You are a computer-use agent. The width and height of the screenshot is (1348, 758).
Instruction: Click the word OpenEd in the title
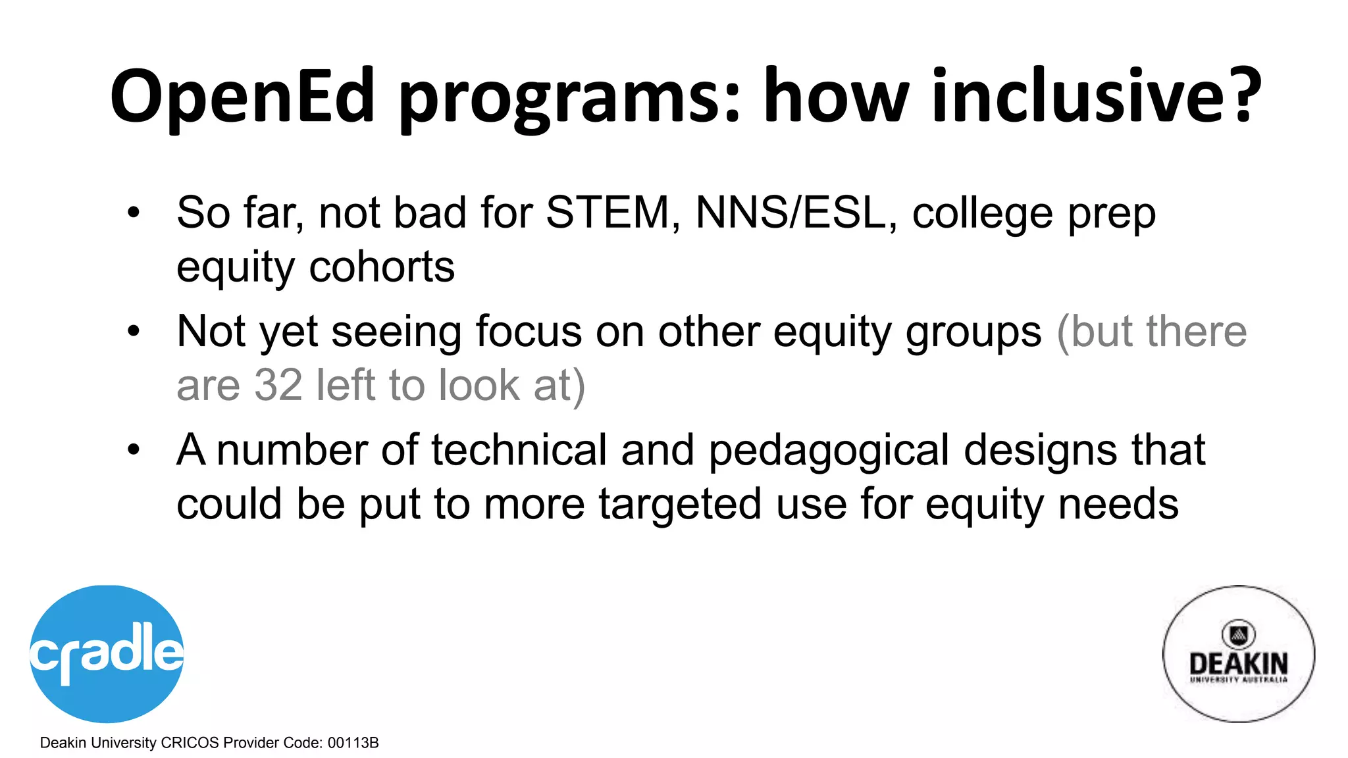242,97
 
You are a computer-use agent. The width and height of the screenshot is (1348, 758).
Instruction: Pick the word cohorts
382,266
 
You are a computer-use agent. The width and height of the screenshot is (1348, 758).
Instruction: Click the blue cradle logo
107,653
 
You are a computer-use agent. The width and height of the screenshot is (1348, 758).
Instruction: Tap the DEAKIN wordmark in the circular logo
1238,663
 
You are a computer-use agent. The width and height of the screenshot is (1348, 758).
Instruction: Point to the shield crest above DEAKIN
1238,634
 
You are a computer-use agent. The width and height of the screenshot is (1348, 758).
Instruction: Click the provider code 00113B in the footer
353,743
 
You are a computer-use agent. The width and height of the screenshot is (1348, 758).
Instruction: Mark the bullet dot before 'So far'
134,213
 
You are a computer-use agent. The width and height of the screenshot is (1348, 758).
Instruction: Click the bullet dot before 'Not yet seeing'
134,331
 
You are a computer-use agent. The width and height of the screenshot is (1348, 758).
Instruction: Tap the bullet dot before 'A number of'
134,450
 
